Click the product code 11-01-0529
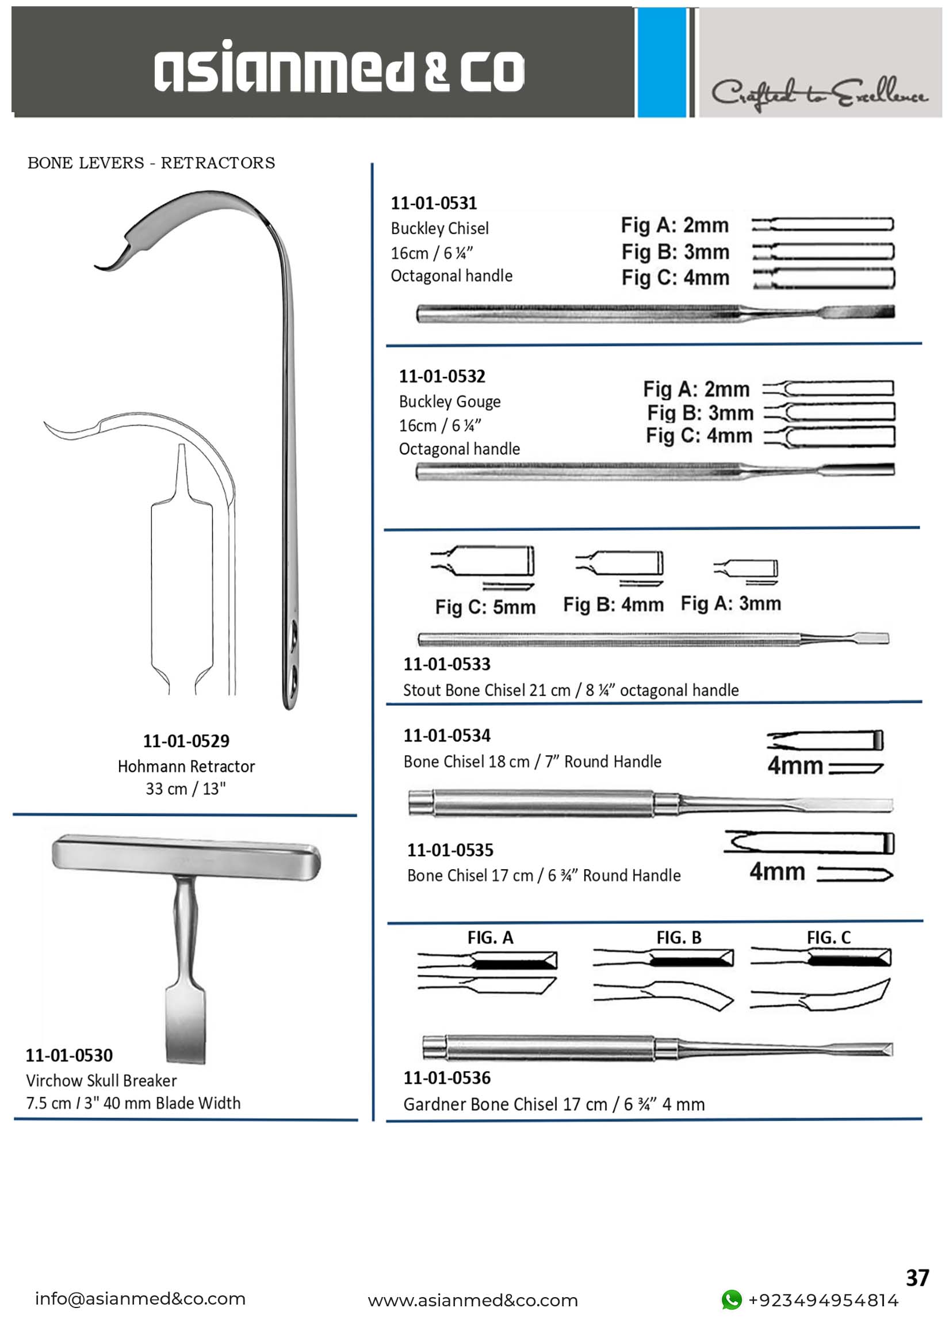(x=186, y=741)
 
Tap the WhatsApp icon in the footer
(x=732, y=1299)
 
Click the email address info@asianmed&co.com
(x=140, y=1298)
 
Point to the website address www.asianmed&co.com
(x=472, y=1300)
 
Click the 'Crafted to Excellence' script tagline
(x=819, y=93)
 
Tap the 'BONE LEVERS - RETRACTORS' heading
(x=151, y=163)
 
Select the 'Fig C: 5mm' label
(x=485, y=607)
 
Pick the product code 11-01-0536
(x=447, y=1077)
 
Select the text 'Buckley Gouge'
(x=450, y=402)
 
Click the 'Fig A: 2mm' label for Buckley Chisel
(x=675, y=225)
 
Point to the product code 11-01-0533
(x=447, y=664)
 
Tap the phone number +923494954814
(x=823, y=1300)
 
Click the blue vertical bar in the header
(x=661, y=63)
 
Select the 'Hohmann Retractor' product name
(x=186, y=766)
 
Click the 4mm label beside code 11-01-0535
(x=777, y=871)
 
